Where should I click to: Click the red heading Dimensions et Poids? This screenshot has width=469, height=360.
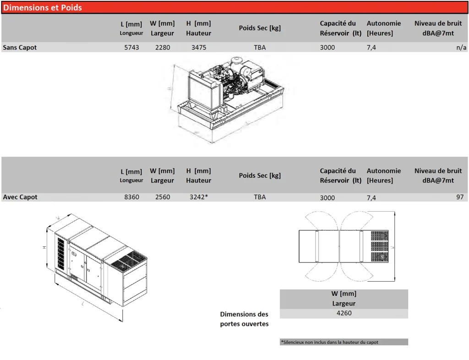[x=43, y=7]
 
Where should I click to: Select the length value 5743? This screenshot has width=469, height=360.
[x=131, y=47]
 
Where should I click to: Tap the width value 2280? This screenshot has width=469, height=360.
[x=163, y=47]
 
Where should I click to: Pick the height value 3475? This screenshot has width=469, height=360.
[x=199, y=47]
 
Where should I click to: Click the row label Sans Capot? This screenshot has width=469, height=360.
[x=20, y=47]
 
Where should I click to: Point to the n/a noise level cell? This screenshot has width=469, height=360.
[x=461, y=47]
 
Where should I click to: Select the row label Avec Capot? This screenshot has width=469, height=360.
[x=20, y=197]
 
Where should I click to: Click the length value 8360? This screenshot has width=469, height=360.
[x=131, y=197]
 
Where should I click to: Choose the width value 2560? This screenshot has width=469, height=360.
[x=163, y=197]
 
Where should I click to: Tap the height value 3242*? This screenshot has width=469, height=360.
[x=199, y=197]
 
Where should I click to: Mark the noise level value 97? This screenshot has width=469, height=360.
[x=460, y=197]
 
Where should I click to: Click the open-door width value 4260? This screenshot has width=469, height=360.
[x=344, y=313]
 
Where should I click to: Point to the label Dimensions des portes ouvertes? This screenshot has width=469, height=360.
[x=245, y=319]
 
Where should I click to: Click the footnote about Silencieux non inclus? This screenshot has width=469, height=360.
[x=329, y=342]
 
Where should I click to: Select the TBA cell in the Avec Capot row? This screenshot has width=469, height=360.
[x=260, y=197]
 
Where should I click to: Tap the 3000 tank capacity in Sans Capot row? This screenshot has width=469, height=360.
[x=327, y=47]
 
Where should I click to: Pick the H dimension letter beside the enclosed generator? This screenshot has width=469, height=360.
[x=44, y=247]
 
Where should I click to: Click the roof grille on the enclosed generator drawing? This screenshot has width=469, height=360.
[x=129, y=261]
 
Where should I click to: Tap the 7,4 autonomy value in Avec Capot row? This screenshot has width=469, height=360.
[x=371, y=198]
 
